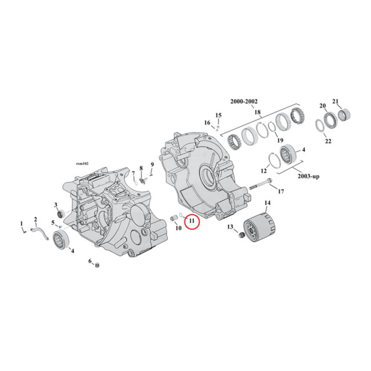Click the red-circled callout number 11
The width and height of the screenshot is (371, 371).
(192, 223)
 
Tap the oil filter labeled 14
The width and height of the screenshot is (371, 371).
(261, 228)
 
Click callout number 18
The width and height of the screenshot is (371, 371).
(257, 112)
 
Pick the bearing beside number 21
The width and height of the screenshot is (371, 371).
(345, 114)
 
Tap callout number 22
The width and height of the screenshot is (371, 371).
(328, 141)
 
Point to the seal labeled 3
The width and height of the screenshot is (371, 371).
(60, 213)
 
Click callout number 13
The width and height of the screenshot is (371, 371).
(230, 227)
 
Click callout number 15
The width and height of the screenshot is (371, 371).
(218, 115)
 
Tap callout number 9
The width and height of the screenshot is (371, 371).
(151, 165)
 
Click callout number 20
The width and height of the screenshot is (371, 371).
(322, 106)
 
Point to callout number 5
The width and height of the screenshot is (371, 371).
(53, 222)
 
